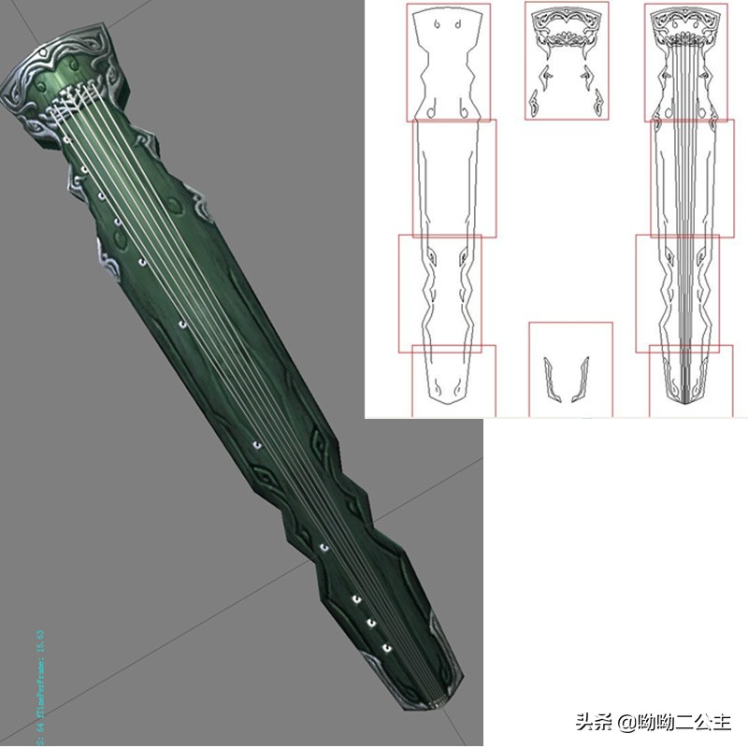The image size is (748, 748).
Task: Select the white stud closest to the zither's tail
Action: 386,648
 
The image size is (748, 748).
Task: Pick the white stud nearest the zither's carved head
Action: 67,139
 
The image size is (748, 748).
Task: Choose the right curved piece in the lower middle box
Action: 581,378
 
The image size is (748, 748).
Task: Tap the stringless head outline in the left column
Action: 447,61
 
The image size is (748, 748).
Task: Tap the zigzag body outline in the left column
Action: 439,290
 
